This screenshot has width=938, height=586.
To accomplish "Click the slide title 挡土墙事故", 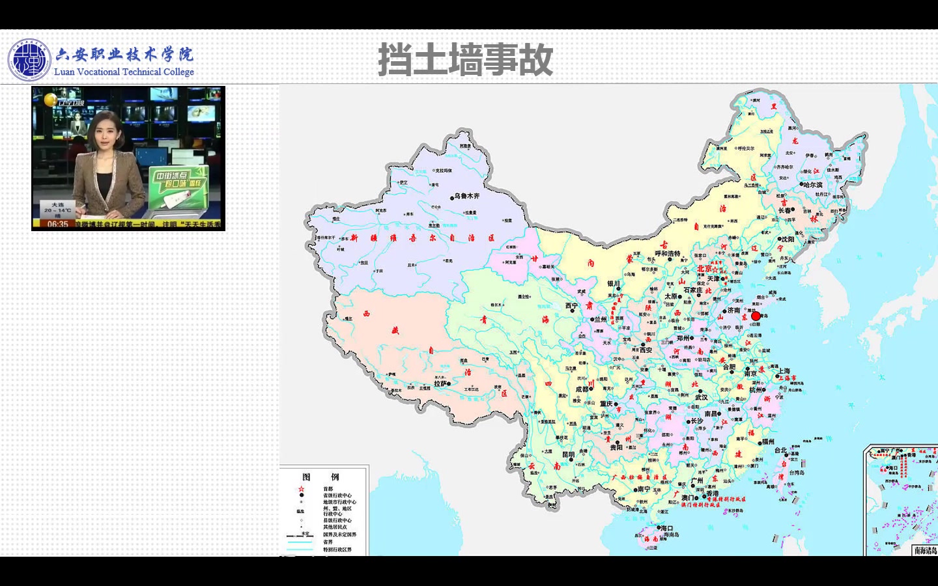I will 465,60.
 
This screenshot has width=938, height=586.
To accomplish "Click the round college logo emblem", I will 29,61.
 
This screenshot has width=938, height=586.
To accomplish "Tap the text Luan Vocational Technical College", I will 124,72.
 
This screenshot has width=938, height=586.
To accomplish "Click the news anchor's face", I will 106,133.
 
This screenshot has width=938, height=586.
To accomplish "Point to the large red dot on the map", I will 756,316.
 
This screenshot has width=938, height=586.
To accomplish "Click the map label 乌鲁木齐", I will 467,196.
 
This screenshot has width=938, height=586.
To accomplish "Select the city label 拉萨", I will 440,384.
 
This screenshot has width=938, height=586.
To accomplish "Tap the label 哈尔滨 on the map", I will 812,185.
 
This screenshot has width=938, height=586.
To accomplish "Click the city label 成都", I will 582,389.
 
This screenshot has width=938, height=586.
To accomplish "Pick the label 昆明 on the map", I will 568,454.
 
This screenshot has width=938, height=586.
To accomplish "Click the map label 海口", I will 667,528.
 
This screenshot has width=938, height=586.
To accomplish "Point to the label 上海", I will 784,371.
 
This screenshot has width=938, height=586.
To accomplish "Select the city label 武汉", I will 701,397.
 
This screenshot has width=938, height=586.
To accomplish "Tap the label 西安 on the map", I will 646,350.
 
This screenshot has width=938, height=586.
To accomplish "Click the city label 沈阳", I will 788,239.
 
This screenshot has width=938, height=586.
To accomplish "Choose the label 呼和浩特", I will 667,253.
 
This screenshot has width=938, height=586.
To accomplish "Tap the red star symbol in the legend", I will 301,488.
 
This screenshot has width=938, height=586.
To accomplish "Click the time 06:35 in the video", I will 57,225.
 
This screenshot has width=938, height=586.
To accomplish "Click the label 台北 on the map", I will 780,450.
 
